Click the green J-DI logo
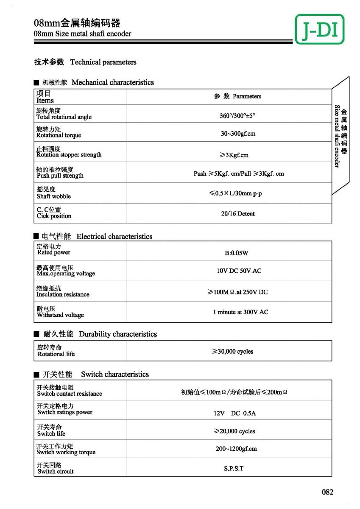[319, 29]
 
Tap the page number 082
[327, 492]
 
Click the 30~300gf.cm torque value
[238, 134]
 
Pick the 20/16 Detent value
[238, 214]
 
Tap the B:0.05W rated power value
[236, 253]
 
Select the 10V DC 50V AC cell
[239, 271]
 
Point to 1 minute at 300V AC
[240, 312]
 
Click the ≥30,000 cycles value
[233, 352]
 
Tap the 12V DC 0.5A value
[234, 413]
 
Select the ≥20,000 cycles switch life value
[234, 431]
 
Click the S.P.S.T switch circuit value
[234, 469]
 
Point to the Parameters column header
[237, 96]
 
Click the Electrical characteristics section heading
[114, 236]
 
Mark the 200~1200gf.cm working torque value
[236, 449]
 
